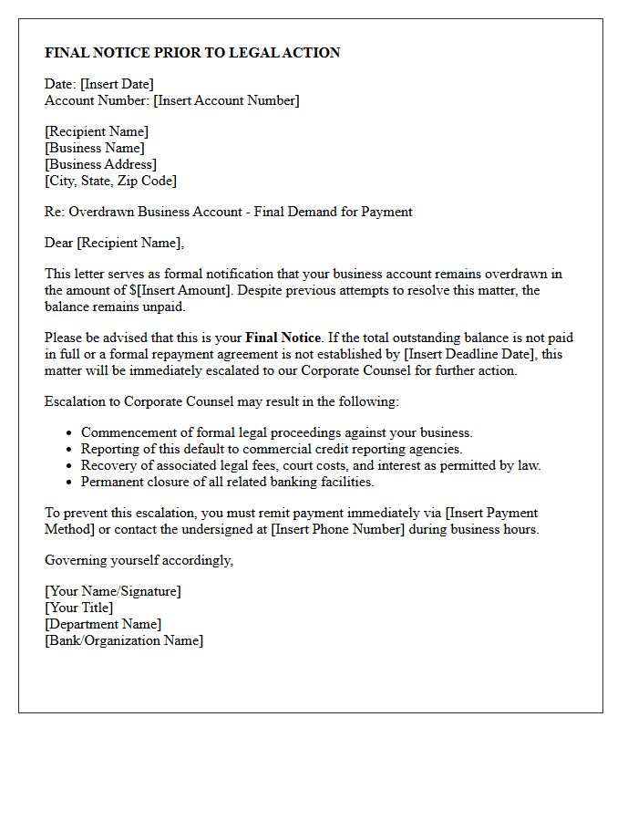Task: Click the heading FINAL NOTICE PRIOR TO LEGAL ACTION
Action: [192, 53]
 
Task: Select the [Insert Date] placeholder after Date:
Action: [117, 84]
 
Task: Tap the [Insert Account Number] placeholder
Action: [226, 100]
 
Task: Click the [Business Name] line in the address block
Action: [95, 148]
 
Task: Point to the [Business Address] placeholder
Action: [100, 164]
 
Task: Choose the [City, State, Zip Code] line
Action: [110, 181]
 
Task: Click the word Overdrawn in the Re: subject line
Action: [101, 212]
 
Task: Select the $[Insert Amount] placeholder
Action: [180, 290]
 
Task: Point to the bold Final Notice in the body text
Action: [283, 338]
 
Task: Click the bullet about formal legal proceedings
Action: [276, 432]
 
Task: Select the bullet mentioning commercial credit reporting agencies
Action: [272, 449]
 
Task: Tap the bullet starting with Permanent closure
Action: [227, 482]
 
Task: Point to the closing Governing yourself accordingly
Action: [139, 560]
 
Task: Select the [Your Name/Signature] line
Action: [113, 591]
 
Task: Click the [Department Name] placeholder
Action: [103, 624]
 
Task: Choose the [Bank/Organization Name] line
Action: [124, 640]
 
